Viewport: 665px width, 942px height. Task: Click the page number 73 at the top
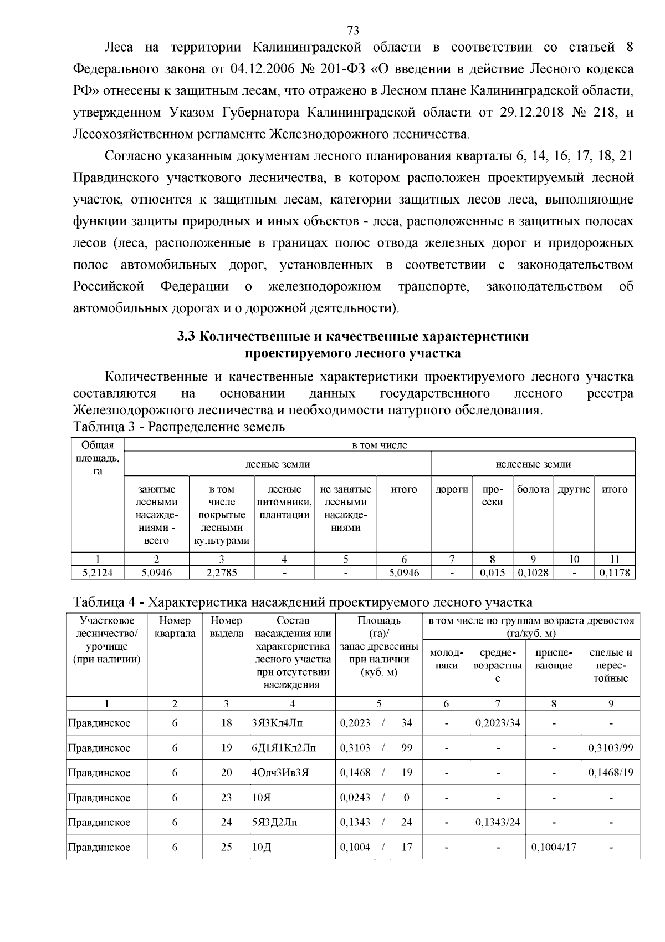(353, 30)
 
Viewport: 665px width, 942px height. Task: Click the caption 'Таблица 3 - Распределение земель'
(178, 427)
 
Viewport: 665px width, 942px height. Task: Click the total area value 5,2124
(97, 573)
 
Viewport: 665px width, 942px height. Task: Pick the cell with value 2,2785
(221, 573)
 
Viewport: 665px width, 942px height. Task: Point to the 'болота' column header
(533, 489)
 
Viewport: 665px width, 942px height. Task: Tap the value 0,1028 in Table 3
(533, 573)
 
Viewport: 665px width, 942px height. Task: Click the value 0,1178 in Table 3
(614, 573)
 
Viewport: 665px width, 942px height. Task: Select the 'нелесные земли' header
(533, 464)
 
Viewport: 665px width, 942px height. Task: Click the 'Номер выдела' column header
(226, 627)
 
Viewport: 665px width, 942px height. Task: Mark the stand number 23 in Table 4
(226, 798)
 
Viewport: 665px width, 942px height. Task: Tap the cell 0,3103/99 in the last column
(611, 748)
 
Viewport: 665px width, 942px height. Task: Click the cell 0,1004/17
(554, 847)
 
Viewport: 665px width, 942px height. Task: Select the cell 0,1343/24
(498, 822)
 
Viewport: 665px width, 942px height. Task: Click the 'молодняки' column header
(446, 659)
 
